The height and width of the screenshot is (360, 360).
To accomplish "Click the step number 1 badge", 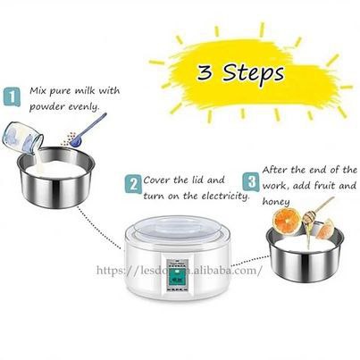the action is (13, 96).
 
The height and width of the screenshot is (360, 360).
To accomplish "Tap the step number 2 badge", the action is (133, 184).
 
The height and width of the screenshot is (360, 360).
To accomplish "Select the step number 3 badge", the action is (251, 181).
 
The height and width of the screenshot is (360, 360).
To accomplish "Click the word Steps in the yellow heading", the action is (253, 73).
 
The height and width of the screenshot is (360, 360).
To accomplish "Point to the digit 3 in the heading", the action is (205, 72).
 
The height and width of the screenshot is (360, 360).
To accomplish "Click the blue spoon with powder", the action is (88, 130).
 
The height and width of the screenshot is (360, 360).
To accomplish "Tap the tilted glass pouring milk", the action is (23, 138).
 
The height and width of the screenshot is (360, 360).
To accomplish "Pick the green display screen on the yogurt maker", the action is (175, 276).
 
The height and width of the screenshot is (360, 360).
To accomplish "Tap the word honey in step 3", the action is (276, 202).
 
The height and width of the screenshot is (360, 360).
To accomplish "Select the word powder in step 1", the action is (46, 106).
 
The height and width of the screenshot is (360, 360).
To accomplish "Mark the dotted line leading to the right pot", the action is (249, 262).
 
